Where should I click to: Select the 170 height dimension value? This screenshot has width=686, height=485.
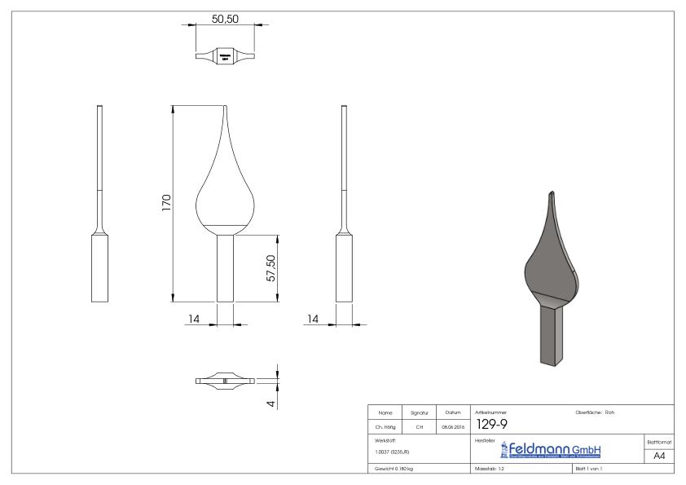(x=166, y=203)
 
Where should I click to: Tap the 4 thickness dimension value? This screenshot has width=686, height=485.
(x=271, y=403)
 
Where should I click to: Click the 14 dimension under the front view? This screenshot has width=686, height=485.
(x=194, y=319)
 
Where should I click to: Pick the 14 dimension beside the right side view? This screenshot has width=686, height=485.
(x=313, y=319)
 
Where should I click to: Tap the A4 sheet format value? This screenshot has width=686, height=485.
(x=659, y=456)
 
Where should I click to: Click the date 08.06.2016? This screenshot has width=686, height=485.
(x=452, y=426)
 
